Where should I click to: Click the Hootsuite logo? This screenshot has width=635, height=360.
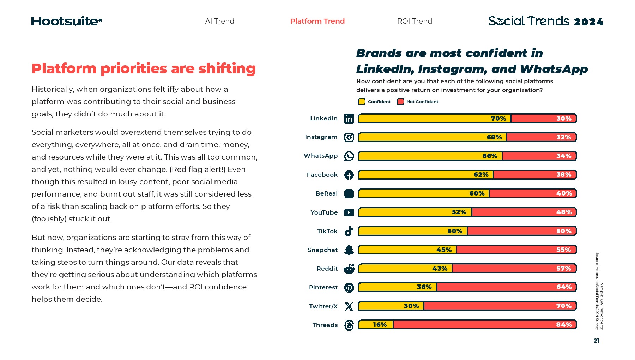point(66,21)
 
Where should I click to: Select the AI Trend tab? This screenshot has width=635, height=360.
point(219,21)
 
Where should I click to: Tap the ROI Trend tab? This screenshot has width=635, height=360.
point(415,21)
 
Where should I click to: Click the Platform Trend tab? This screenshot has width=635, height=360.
point(317,21)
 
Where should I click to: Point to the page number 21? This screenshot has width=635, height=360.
point(596,341)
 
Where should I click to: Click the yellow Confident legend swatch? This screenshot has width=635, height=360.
point(362,102)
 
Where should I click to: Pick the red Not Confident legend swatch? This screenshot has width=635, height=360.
point(400,102)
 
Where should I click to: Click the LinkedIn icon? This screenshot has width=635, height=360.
point(349,119)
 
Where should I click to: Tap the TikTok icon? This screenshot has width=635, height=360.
point(349,231)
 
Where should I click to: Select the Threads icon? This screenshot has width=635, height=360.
point(349,325)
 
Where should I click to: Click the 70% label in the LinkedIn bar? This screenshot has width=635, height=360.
point(498,119)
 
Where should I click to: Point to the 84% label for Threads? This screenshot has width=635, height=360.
point(563,325)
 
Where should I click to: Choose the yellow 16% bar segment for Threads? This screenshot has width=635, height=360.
point(376,325)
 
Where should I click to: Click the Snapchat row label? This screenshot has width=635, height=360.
point(322,250)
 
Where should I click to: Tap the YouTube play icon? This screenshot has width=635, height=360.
point(349,212)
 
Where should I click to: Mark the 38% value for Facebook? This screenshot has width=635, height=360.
point(563,175)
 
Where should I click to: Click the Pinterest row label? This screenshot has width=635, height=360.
point(323,287)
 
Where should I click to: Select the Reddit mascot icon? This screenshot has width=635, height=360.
point(349,269)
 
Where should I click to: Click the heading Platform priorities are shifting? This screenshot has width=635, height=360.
point(144,68)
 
